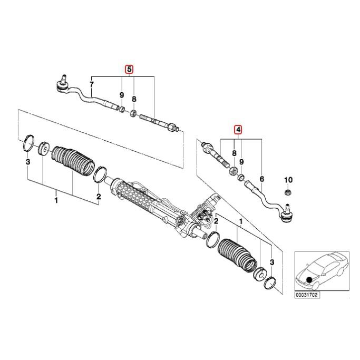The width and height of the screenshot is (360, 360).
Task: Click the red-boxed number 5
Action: coord(129,69)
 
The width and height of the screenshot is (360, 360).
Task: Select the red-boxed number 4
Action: coord(238,129)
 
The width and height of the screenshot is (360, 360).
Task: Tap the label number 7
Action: coord(92,84)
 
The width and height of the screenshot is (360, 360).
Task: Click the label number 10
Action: coord(288,179)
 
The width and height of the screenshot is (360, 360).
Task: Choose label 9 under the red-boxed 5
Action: coord(121,95)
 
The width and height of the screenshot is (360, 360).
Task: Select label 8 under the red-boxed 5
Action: coord(134,99)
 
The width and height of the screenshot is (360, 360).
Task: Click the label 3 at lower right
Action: coord(271,262)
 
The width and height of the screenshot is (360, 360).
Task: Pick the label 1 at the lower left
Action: coord(56,200)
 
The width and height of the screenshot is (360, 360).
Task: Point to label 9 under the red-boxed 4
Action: coord(242,161)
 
